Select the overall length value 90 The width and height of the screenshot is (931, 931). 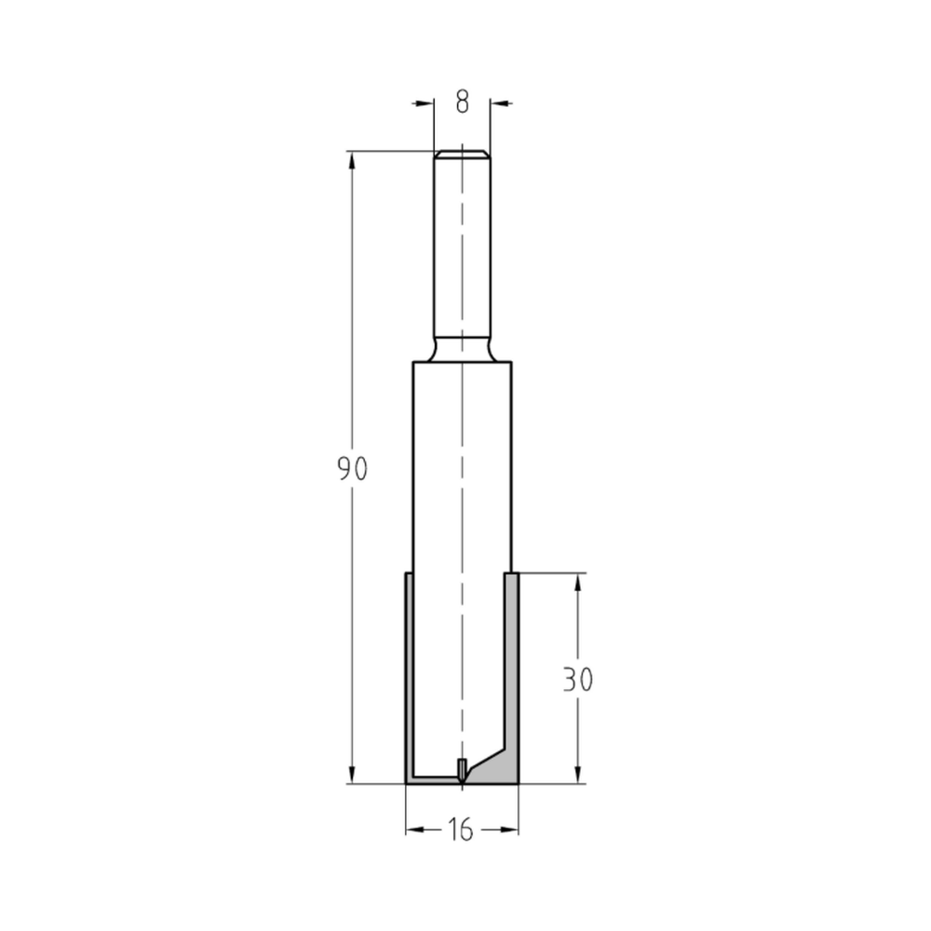pyautogui.click(x=353, y=469)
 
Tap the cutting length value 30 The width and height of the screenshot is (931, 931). pyautogui.click(x=578, y=680)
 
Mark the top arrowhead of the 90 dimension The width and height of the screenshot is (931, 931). pyautogui.click(x=352, y=160)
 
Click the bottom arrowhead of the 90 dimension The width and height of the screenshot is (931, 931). pyautogui.click(x=352, y=775)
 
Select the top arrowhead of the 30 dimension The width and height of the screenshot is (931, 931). pyautogui.click(x=578, y=582)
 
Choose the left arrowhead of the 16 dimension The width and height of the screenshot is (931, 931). pyautogui.click(x=414, y=829)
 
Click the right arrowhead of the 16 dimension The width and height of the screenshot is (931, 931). pyautogui.click(x=510, y=829)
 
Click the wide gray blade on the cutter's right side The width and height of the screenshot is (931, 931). pyautogui.click(x=511, y=670)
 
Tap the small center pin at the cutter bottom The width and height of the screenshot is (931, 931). pyautogui.click(x=463, y=770)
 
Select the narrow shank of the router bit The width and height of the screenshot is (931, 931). pyautogui.click(x=462, y=251)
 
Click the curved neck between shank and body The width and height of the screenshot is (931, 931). pyautogui.click(x=462, y=352)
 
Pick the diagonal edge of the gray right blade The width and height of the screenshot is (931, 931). pyautogui.click(x=492, y=752)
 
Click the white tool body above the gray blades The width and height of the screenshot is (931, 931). pyautogui.click(x=462, y=465)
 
